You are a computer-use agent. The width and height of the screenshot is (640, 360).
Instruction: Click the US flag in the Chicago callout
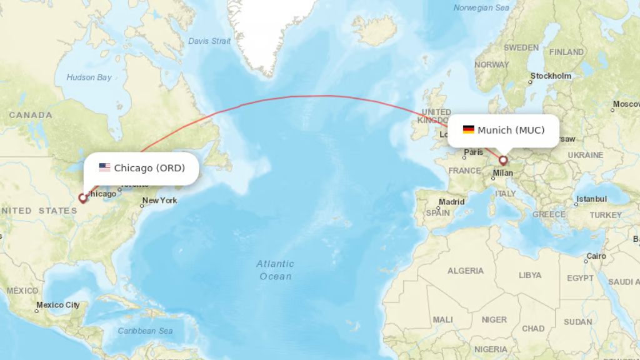104,167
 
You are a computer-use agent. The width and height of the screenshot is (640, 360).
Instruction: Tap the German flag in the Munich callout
468,130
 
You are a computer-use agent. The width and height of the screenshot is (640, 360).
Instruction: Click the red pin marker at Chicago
82,198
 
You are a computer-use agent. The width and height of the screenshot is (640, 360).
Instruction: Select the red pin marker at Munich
503,160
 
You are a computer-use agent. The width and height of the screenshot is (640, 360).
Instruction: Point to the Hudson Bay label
89,77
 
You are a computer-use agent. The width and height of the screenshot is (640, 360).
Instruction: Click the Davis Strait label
209,41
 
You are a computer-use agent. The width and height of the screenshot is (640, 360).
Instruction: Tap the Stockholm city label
551,76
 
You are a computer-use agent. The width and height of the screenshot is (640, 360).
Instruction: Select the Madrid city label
451,202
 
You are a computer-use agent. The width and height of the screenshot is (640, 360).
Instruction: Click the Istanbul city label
591,199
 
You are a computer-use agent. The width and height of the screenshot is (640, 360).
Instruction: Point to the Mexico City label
57,305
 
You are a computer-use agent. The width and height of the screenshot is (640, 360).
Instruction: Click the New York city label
159,201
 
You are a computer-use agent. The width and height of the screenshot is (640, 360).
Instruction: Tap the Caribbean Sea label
145,331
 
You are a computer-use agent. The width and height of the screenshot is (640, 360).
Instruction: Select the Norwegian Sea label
481,8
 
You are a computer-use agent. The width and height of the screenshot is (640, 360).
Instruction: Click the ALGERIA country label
466,271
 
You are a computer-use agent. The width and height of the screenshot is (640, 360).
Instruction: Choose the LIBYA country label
530,275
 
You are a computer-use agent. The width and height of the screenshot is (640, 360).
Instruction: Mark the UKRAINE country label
586,155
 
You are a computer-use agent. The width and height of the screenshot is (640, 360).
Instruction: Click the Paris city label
473,152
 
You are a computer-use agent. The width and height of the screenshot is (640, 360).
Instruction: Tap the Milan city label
503,173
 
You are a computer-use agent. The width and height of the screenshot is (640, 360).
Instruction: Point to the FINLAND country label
566,52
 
